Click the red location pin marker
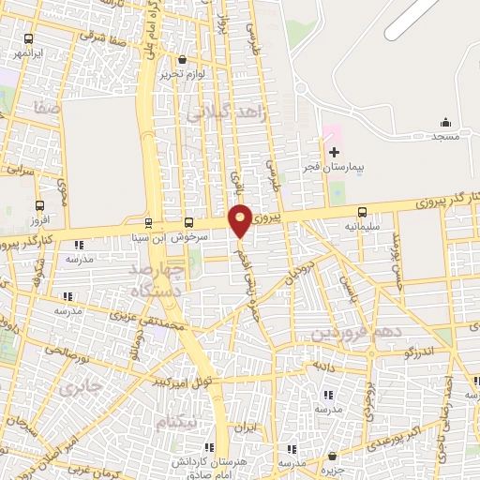(x=240, y=219)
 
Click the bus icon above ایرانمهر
(x=29, y=40)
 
